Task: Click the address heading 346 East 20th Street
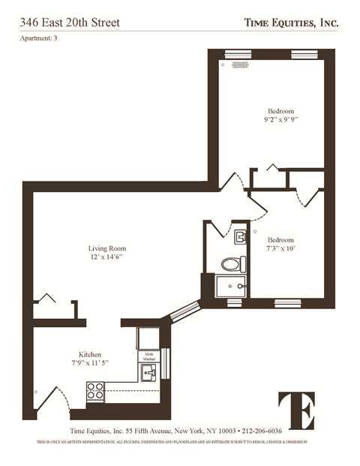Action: (70, 23)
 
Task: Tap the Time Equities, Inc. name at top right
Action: (291, 23)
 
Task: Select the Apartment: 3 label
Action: (37, 39)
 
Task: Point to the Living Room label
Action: (107, 248)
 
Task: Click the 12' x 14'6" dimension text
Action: (106, 257)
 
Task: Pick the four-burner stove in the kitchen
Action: (95, 391)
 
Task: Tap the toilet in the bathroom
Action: (232, 263)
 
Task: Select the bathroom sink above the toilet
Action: (239, 239)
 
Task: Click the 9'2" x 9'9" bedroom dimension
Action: (282, 119)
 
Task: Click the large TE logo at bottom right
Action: (297, 410)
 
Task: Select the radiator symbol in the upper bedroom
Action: (240, 65)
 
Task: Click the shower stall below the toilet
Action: (230, 286)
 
